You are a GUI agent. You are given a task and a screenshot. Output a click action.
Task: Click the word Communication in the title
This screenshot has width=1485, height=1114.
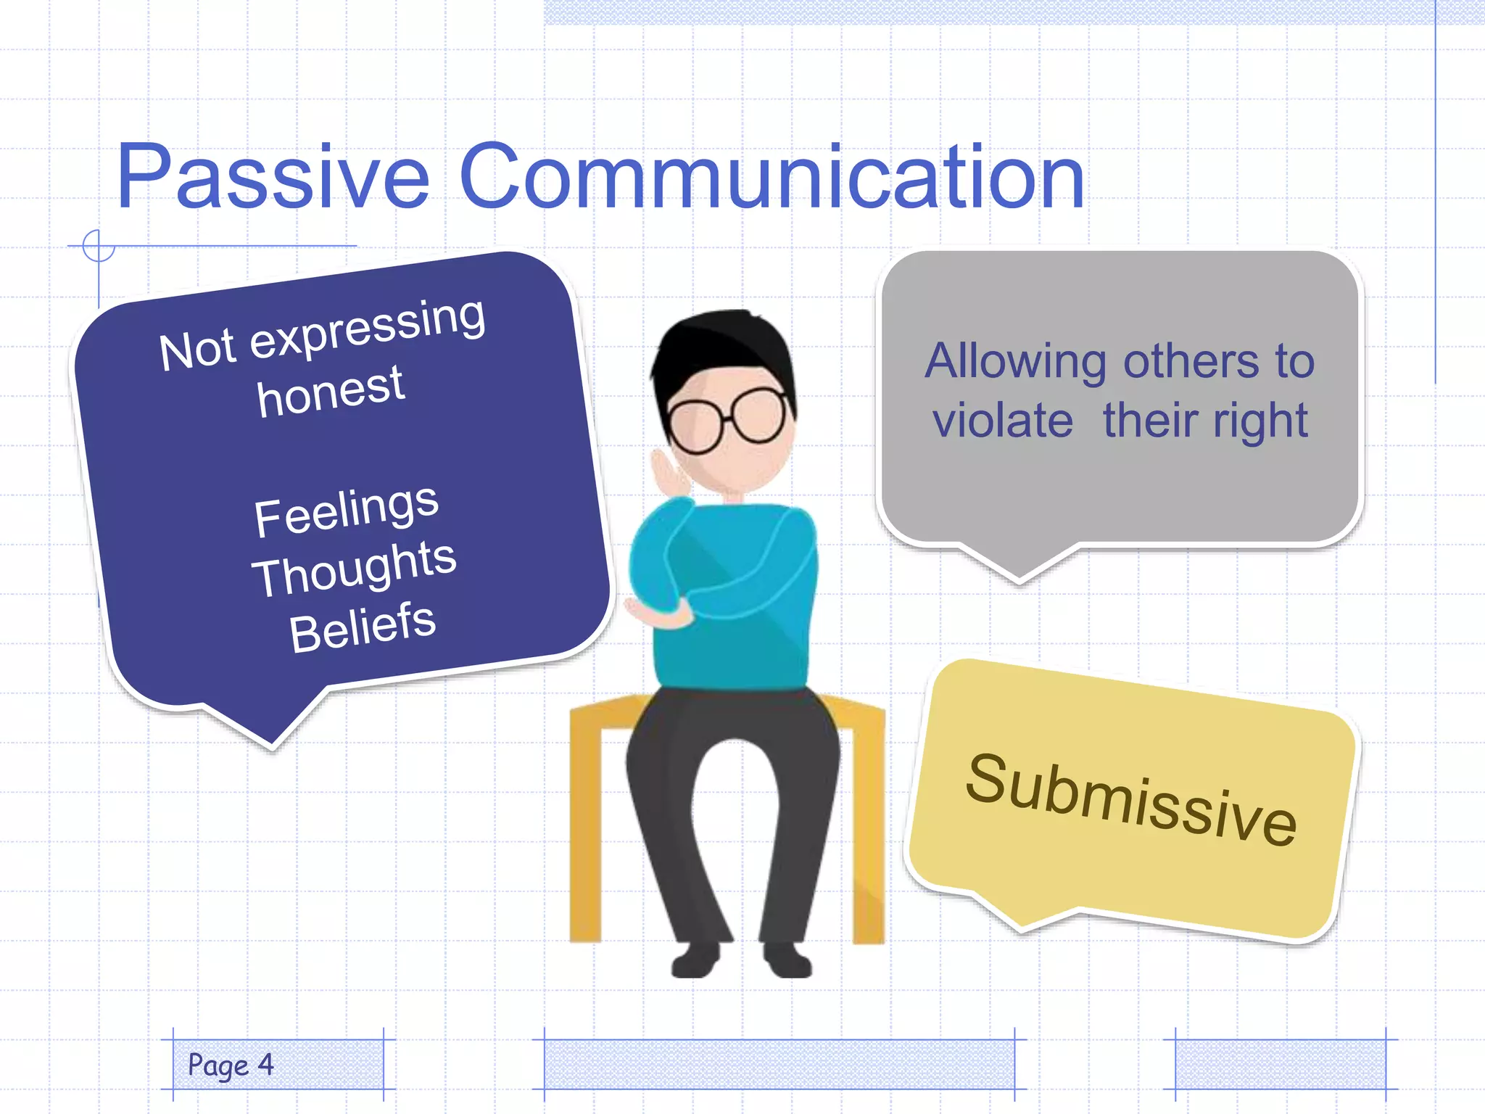coord(772,176)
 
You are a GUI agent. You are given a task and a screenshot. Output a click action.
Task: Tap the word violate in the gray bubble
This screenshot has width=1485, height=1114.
coord(1002,421)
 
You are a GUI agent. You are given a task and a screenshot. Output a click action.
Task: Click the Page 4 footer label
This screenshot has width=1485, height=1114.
coord(231,1065)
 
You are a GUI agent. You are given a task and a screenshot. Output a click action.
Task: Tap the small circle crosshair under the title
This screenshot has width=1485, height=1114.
coord(99,246)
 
